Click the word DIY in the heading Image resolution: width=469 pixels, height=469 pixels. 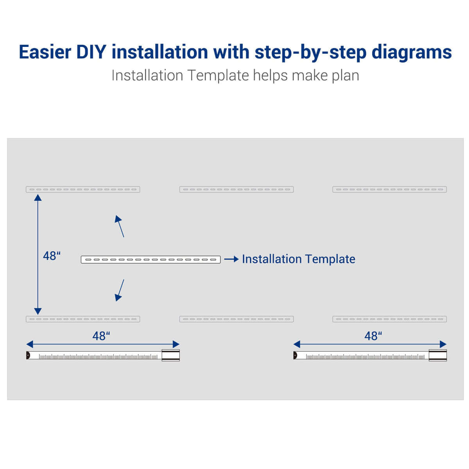pos(91,52)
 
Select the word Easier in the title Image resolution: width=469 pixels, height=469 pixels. pos(45,52)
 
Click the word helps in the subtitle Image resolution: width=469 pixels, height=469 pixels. pos(270,76)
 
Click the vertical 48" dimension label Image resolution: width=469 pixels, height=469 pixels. pos(52,256)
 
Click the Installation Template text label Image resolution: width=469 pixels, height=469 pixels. pos(298,259)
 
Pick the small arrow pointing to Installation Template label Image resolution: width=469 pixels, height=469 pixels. pos(231,259)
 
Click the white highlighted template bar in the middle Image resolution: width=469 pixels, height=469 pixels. pos(150,260)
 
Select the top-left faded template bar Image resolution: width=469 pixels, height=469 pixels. pos(83,189)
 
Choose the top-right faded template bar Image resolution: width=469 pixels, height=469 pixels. pos(389,189)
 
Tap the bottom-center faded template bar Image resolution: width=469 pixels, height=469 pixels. pos(236,319)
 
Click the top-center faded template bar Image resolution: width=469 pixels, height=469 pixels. pos(236,189)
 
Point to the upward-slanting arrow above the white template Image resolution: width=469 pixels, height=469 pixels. pos(120,226)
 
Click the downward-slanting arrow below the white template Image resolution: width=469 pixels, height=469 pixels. pos(120,290)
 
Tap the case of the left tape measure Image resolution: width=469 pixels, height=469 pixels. pos(171,355)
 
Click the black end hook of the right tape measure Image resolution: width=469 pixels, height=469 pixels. pos(295,355)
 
